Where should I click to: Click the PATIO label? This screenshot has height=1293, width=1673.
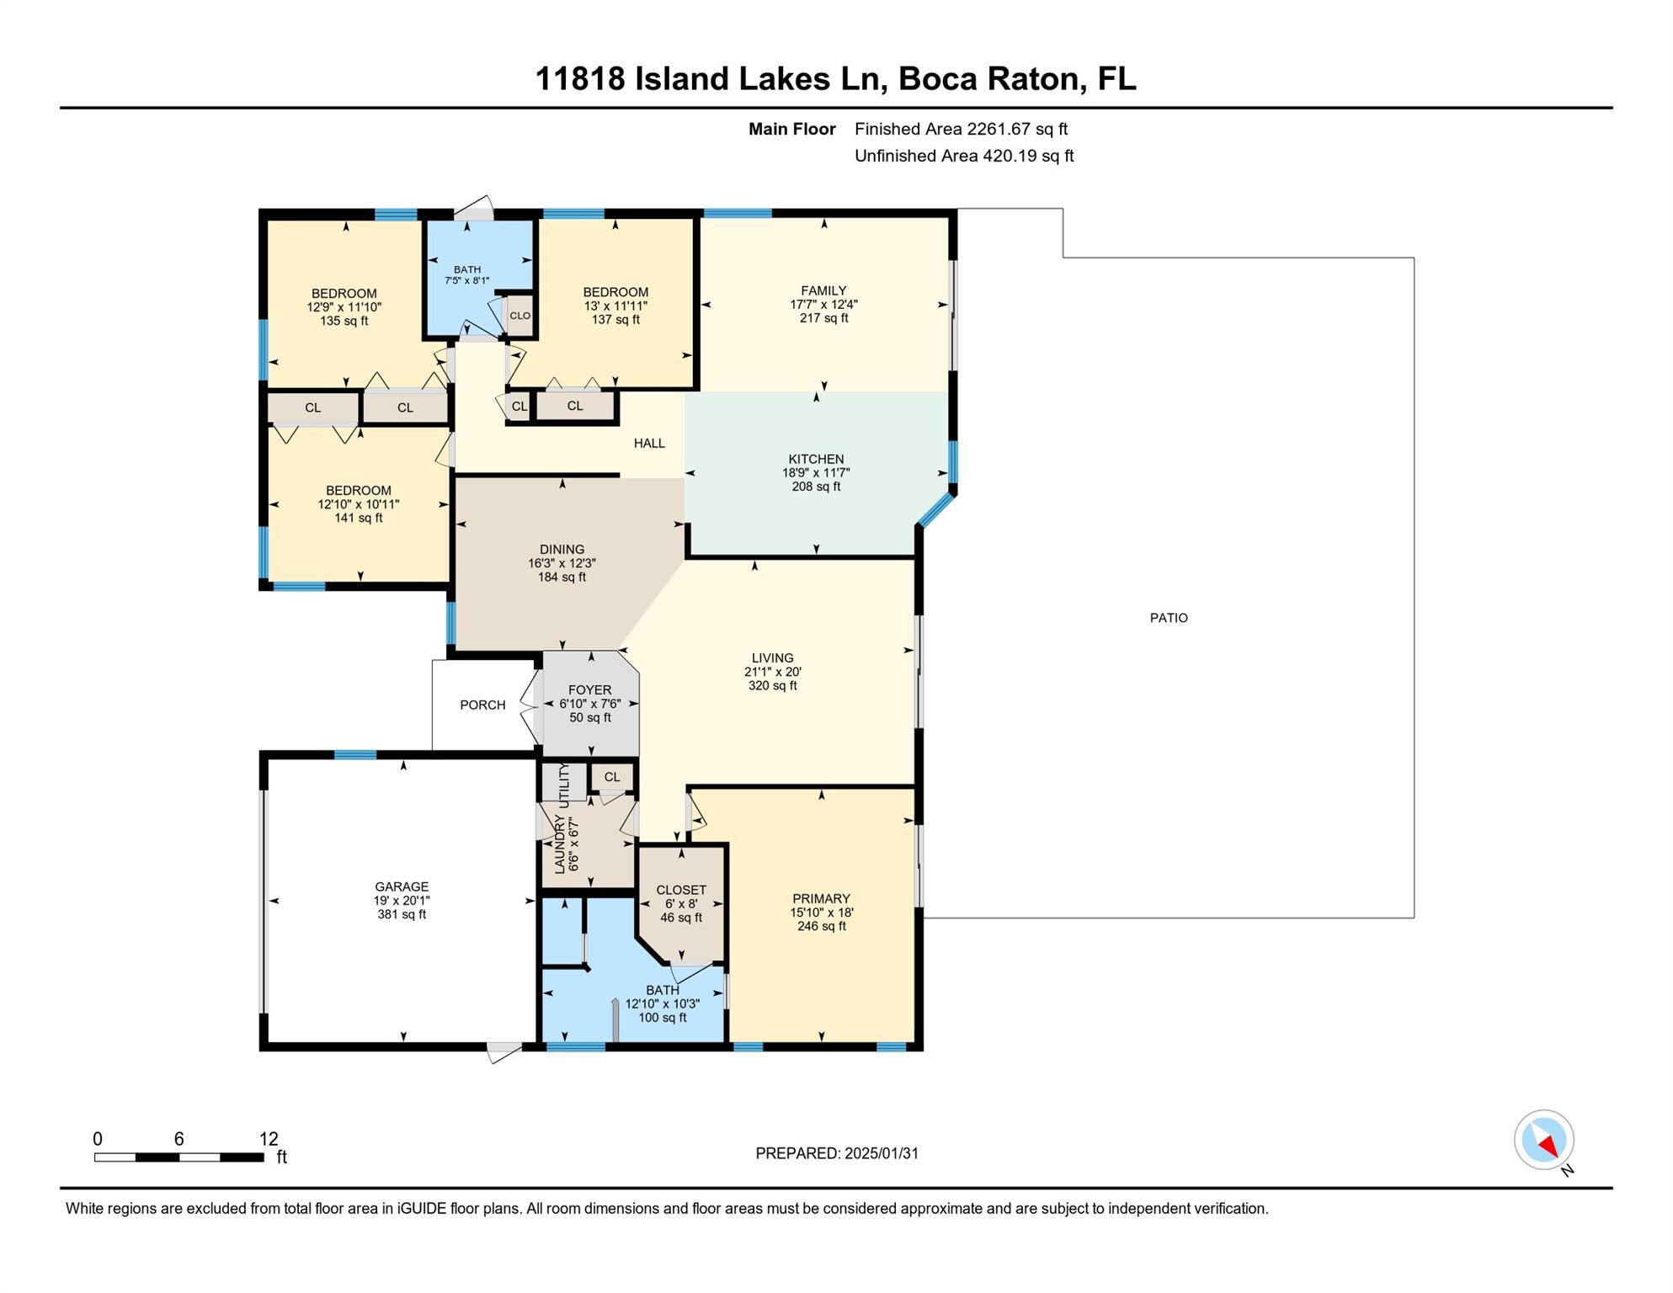click(x=1169, y=618)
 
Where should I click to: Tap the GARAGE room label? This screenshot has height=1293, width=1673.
click(x=402, y=886)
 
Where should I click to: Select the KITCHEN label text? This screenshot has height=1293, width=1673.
click(x=816, y=459)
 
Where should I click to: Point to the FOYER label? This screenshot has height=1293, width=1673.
click(x=589, y=690)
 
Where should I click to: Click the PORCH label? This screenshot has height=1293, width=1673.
click(x=482, y=705)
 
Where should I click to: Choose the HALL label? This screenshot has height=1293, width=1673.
click(x=649, y=443)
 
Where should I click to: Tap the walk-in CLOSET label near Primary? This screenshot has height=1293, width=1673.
click(x=681, y=890)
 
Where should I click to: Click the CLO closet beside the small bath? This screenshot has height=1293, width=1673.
click(x=519, y=316)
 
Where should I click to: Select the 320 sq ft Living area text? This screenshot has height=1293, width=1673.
click(x=772, y=686)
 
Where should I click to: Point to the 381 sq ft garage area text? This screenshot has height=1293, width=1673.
click(x=402, y=914)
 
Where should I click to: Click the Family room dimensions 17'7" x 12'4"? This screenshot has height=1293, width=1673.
click(x=823, y=305)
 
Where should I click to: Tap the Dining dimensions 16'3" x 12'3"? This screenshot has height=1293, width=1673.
click(x=562, y=563)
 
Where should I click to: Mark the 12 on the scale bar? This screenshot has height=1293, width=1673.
click(x=269, y=1139)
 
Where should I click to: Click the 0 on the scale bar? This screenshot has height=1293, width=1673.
click(x=98, y=1139)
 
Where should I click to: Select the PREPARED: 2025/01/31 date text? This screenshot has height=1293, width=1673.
click(x=837, y=1153)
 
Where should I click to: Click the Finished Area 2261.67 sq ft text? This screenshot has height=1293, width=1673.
click(x=961, y=129)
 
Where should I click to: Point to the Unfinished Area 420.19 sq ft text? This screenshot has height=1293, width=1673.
click(x=964, y=156)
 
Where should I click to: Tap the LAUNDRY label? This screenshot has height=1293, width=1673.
click(x=560, y=844)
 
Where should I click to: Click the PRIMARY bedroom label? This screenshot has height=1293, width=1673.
click(x=821, y=899)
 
